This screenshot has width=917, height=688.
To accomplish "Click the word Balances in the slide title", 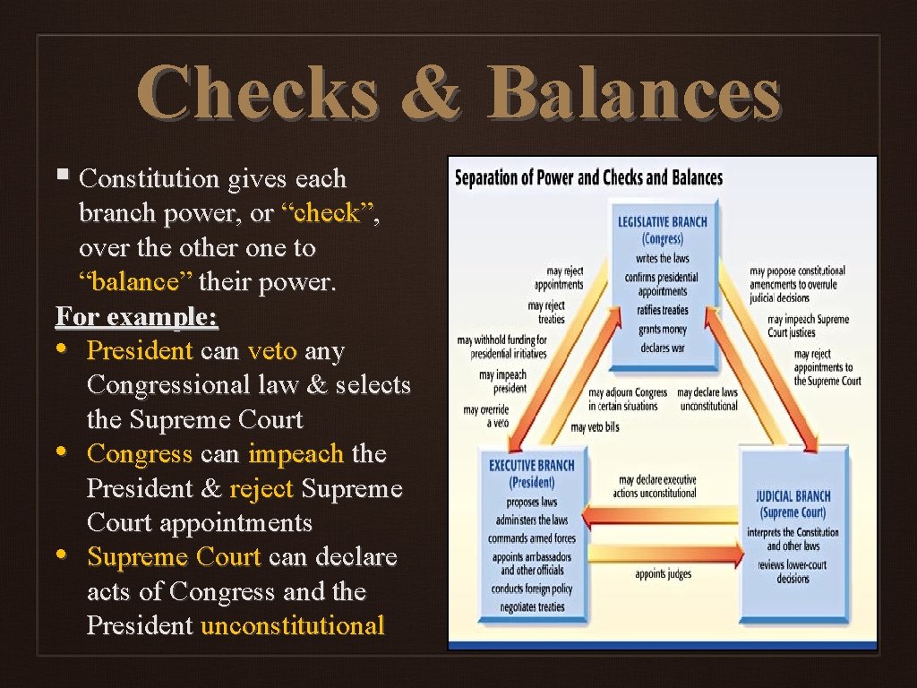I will (x=634, y=93).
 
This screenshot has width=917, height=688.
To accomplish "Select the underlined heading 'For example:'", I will (x=137, y=317).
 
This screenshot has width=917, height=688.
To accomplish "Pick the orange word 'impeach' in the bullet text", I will (x=296, y=454).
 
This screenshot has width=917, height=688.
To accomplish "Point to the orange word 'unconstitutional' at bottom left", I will (x=293, y=625).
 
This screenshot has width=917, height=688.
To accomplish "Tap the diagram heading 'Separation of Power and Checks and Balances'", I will (x=588, y=176).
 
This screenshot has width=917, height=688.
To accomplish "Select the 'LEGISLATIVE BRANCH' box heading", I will (x=662, y=222).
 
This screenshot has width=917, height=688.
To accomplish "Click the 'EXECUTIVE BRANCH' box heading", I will (x=532, y=466).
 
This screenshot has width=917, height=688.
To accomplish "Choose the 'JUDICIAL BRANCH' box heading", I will (x=793, y=496).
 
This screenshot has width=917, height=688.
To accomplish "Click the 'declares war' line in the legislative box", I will (x=663, y=348).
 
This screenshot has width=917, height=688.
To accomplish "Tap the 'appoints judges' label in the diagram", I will (x=663, y=574).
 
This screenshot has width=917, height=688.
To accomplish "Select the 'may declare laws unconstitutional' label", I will (x=707, y=399).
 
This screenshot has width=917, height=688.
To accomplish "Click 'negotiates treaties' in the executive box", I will (x=532, y=607).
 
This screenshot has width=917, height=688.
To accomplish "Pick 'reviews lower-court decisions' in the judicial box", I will (x=793, y=572).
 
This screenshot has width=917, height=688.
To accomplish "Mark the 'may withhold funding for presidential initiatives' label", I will (x=501, y=347).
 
